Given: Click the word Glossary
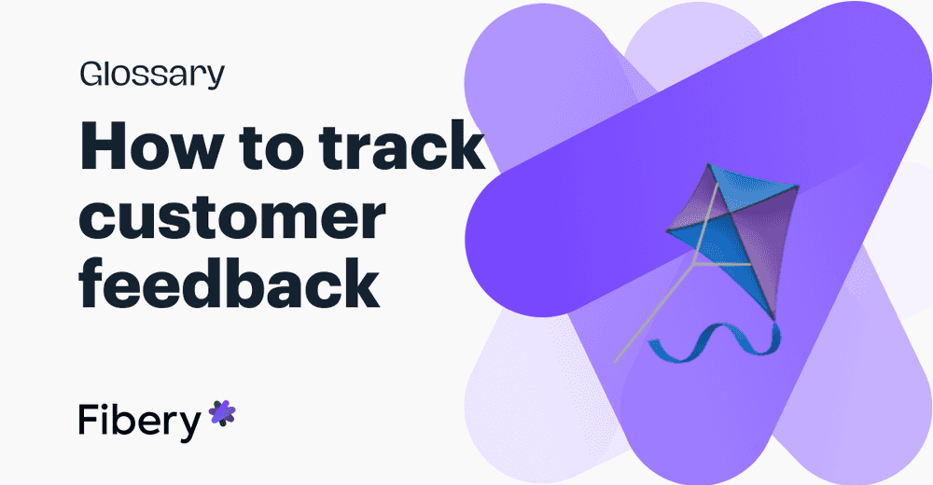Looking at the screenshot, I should point(151,74).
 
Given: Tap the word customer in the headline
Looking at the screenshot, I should point(231,216).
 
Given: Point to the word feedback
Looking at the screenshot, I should point(230,284).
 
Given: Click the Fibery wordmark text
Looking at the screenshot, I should point(139,421).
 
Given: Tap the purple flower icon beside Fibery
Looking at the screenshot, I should point(222,412).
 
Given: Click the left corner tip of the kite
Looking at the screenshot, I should point(667,229).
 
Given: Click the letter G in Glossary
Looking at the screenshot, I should point(91,74).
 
